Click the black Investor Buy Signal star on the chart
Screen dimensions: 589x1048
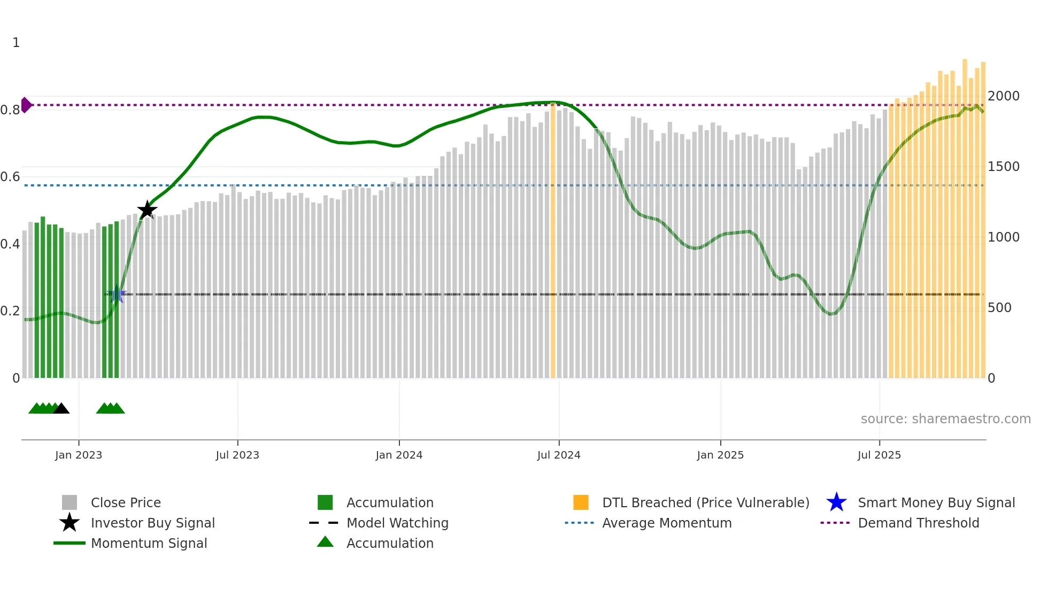(x=147, y=210)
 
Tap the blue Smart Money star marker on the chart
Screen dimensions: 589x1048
(x=117, y=294)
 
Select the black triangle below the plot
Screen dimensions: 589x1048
(x=61, y=408)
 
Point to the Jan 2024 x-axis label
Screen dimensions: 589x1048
(x=399, y=455)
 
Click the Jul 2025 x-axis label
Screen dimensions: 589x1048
(x=879, y=455)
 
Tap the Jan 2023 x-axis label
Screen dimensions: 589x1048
(x=79, y=455)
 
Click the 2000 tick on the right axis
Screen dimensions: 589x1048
(x=1003, y=96)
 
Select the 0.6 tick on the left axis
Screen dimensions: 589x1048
(x=10, y=177)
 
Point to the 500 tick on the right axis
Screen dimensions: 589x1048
(x=999, y=308)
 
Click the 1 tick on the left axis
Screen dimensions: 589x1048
(x=16, y=43)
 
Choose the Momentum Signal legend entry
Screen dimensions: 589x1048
(x=149, y=543)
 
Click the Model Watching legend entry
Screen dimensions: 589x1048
(x=397, y=523)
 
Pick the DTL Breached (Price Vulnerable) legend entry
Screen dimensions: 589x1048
(x=705, y=502)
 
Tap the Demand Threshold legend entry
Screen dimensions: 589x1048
(x=918, y=523)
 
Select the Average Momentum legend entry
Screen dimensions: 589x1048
(x=666, y=523)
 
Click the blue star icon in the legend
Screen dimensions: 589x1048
(x=836, y=502)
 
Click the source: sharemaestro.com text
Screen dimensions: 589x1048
(x=945, y=418)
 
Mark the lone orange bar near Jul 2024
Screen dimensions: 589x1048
(x=553, y=241)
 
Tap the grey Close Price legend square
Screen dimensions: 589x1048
(x=70, y=502)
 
